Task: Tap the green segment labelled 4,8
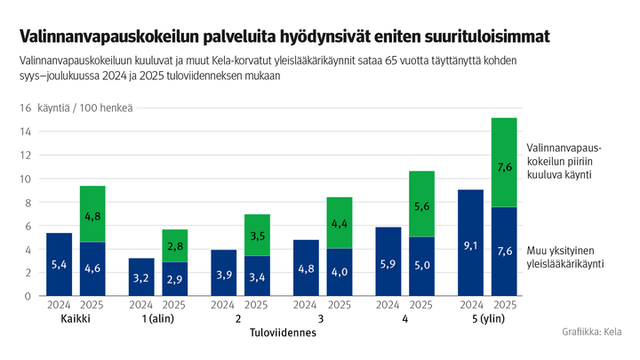[x=92, y=214]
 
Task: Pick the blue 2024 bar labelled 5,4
[x=59, y=264]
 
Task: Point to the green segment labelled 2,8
[x=175, y=245]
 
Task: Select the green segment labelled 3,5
[x=257, y=236]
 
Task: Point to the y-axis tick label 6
[x=28, y=226]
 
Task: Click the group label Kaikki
[x=76, y=319]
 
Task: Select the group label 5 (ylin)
[x=487, y=319]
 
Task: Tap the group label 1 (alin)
[x=158, y=319]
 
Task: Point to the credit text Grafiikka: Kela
[x=592, y=332]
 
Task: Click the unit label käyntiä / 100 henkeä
[x=85, y=108]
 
